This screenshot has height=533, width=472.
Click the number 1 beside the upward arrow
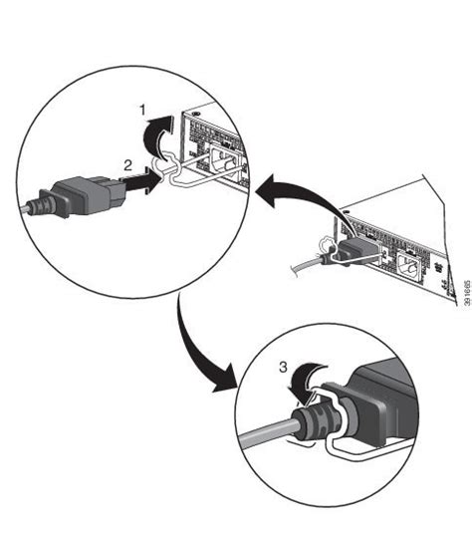pyautogui.click(x=143, y=111)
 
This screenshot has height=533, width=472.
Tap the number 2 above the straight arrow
pyautogui.click(x=127, y=166)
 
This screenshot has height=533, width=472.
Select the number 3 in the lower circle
pyautogui.click(x=283, y=367)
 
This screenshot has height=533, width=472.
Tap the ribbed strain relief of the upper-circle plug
pyautogui.click(x=40, y=204)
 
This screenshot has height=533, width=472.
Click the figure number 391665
pyautogui.click(x=468, y=293)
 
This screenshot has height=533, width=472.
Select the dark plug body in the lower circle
pyautogui.click(x=380, y=404)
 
